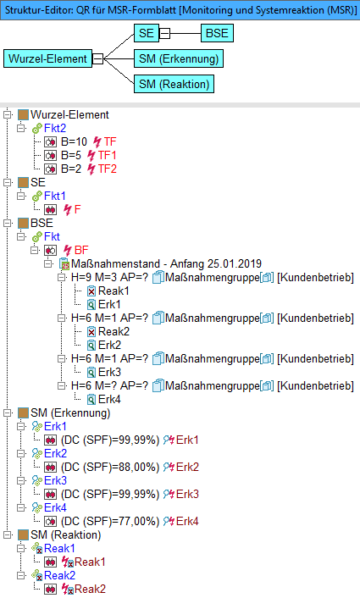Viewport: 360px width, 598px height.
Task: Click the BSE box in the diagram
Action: (217, 33)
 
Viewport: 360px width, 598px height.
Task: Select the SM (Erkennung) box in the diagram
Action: (179, 58)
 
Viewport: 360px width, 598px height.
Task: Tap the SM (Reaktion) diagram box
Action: (174, 84)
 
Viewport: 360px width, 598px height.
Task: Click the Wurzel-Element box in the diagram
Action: (47, 58)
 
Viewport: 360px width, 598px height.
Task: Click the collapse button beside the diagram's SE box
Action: (164, 34)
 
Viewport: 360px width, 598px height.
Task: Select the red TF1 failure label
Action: (108, 155)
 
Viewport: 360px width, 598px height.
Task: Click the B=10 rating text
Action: (74, 141)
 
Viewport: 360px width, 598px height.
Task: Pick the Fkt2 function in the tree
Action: (55, 128)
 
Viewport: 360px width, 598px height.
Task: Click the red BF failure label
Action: (81, 250)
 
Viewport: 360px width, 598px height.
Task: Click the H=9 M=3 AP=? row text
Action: (109, 277)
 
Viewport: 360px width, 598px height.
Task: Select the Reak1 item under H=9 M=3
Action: (114, 291)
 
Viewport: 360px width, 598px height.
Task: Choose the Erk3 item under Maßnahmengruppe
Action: (109, 372)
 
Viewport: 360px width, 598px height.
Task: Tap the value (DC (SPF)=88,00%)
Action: (110, 467)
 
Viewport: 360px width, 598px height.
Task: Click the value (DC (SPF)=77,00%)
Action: (110, 521)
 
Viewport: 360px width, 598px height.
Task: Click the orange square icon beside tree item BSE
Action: (23, 223)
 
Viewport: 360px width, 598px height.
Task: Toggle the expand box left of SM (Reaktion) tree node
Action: (8, 534)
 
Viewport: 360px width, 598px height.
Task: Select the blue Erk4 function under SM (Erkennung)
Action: (55, 507)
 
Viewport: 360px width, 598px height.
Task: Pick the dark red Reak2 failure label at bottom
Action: (90, 589)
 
